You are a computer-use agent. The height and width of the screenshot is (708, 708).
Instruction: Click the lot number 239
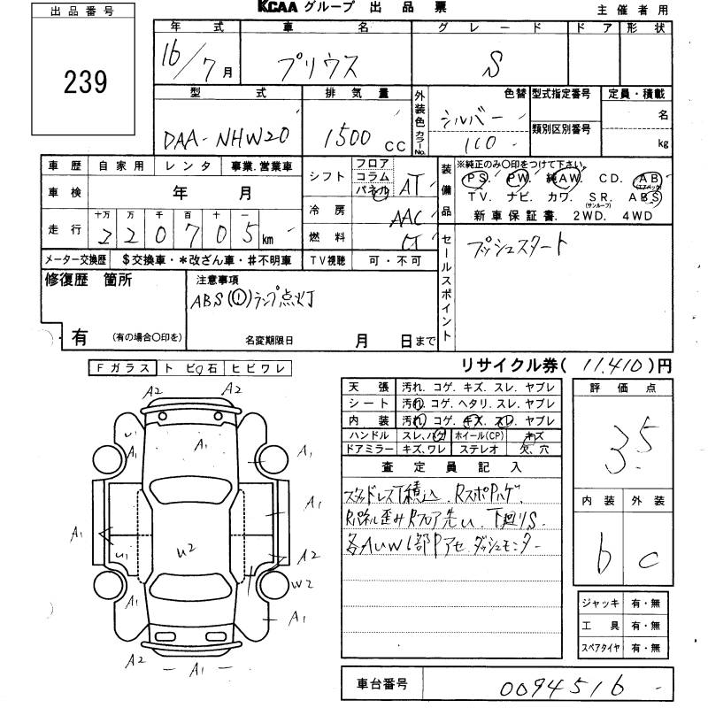[86, 83]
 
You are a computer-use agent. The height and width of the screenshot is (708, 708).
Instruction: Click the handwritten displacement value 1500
[347, 136]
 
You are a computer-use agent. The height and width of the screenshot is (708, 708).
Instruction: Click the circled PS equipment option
[479, 177]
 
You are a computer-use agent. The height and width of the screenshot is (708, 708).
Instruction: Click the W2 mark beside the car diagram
[302, 583]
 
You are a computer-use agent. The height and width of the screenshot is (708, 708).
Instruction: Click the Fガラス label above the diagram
[121, 368]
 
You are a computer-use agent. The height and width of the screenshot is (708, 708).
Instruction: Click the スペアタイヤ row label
[600, 648]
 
